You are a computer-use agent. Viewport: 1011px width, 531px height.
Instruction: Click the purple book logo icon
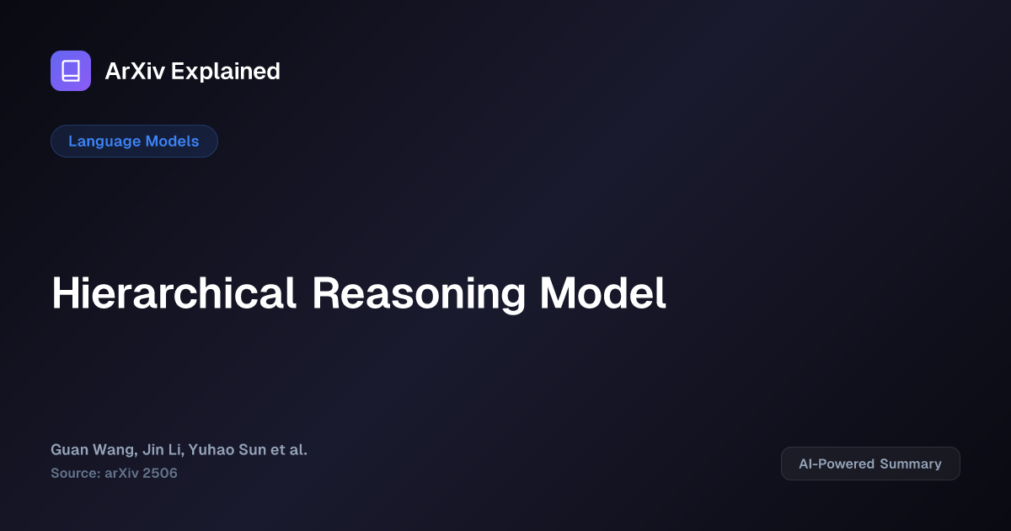click(71, 71)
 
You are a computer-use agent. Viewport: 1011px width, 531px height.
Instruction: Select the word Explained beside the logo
click(226, 72)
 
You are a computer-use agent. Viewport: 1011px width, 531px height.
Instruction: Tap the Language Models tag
click(134, 141)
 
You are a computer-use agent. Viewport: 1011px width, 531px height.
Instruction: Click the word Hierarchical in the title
click(174, 293)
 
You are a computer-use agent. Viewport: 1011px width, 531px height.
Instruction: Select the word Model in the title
click(603, 293)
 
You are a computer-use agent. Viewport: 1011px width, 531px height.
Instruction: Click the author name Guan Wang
click(85, 449)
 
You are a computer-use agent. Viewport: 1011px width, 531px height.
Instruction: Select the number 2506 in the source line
click(159, 473)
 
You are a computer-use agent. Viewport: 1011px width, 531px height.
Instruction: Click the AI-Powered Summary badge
click(870, 464)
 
